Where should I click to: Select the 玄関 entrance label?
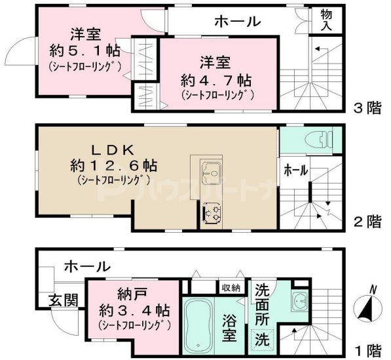click(x=63, y=300)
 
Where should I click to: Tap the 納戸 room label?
click(x=132, y=292)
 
